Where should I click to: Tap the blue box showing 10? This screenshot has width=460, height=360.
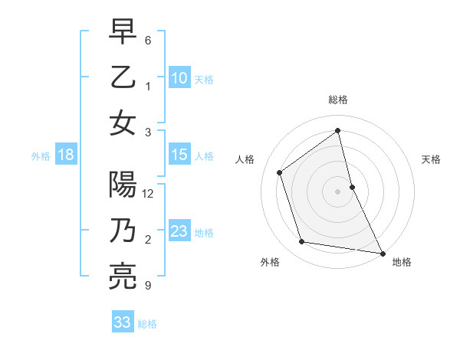179,77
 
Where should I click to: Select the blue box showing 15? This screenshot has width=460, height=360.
179,155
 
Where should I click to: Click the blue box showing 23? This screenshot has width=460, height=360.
179,231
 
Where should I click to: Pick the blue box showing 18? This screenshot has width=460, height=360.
66,155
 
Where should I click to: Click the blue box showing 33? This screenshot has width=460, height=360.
123,322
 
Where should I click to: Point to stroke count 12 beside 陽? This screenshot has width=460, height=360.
149,194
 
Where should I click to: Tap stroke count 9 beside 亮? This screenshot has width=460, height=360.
147,286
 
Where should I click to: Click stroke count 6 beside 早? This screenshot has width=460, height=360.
147,41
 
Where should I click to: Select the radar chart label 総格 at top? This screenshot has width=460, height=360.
337,100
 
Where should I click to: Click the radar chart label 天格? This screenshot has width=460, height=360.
432,159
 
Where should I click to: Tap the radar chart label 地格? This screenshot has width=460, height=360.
402,262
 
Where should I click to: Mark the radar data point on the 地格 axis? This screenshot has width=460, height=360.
381,252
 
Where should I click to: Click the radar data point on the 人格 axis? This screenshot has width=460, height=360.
280,172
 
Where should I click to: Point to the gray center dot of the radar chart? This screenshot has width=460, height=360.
337,191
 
